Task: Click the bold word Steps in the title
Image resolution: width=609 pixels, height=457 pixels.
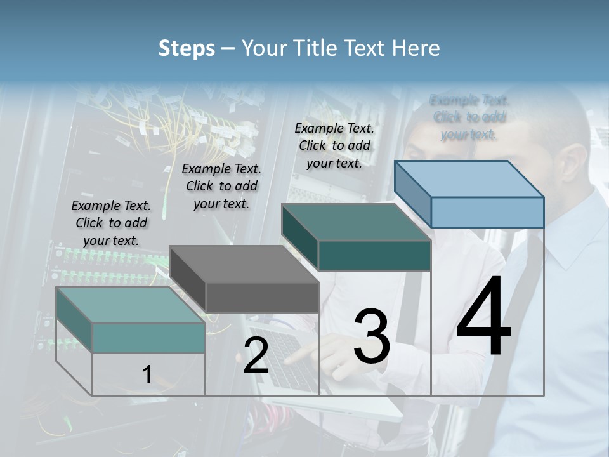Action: coord(187,48)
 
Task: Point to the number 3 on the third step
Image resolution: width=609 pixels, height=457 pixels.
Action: coord(372,336)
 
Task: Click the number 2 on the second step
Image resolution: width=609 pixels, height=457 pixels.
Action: coord(256,355)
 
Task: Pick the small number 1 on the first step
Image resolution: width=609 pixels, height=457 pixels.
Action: coord(147,375)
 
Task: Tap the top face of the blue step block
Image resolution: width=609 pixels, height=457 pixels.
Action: coord(469,179)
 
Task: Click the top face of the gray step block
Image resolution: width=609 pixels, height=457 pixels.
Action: coord(244,264)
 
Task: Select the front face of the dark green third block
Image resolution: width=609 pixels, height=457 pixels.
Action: coord(374,255)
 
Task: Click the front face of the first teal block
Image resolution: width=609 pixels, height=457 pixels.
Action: coord(148,338)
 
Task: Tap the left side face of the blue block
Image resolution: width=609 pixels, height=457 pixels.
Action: coord(412,194)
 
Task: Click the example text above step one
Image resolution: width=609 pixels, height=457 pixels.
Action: coord(111,223)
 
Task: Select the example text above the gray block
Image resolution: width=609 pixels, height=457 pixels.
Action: coord(221,186)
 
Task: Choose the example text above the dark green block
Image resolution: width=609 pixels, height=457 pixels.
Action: coord(334,145)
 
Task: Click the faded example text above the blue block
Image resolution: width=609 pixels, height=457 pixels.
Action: coord(469,117)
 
